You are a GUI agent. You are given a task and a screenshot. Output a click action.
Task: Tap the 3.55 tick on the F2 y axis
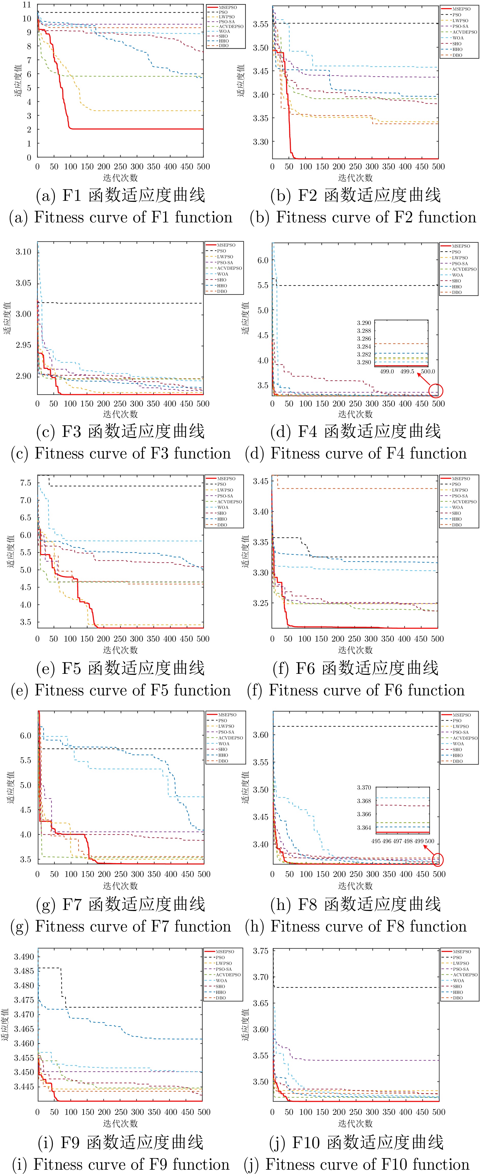tap(261, 24)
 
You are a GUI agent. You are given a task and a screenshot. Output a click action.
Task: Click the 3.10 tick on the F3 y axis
tap(24, 252)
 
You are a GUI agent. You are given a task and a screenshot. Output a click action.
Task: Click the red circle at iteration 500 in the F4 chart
tap(436, 391)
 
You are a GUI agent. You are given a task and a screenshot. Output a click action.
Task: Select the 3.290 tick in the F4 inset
tap(364, 323)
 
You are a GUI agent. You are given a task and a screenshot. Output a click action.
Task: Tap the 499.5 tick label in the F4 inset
tap(407, 371)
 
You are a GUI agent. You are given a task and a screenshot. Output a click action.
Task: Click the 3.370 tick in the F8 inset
tap(364, 787)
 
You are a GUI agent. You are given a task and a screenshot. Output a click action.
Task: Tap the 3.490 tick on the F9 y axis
tap(24, 957)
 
